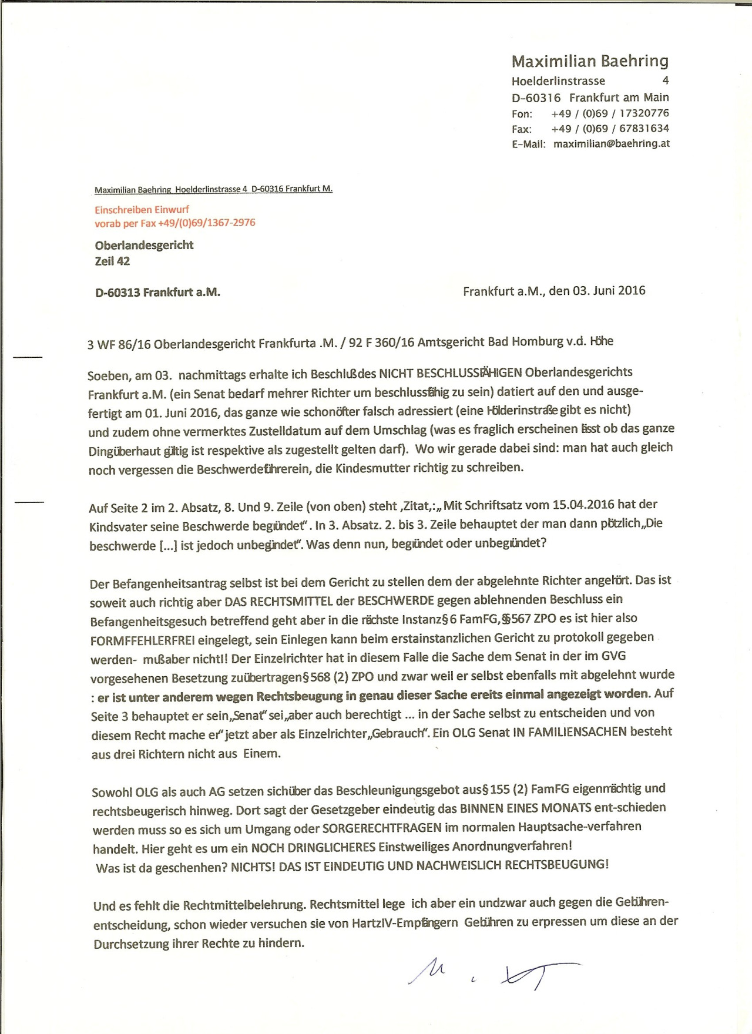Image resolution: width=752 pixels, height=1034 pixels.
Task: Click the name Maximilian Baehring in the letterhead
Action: click(590, 61)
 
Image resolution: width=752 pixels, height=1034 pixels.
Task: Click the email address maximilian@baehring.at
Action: click(611, 143)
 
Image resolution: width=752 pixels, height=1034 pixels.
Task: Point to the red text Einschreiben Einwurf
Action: click(142, 209)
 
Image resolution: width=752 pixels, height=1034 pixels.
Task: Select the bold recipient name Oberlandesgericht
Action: click(144, 245)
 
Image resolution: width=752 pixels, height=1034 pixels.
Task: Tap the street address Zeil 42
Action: click(112, 261)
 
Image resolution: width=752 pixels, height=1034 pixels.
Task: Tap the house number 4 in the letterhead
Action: click(665, 80)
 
